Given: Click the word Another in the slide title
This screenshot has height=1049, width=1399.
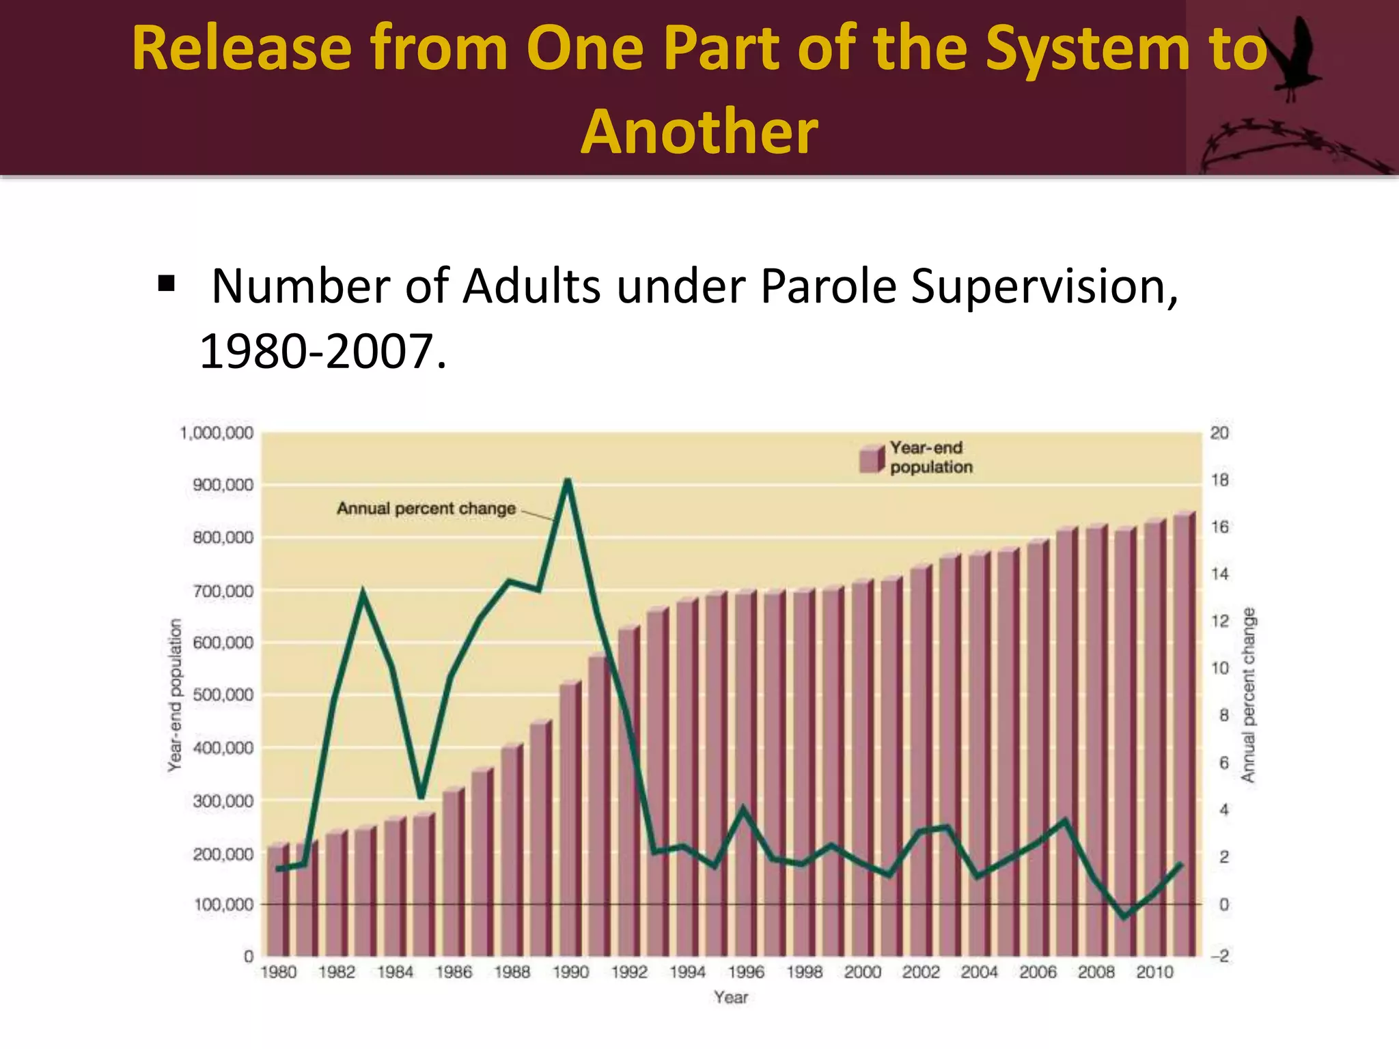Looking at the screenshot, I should pos(699,132).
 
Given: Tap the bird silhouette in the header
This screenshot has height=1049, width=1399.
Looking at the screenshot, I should pos(1291,61).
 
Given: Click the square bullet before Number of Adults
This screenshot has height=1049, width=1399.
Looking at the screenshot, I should pos(166,283).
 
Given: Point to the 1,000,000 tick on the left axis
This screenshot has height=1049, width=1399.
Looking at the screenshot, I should pos(217,433).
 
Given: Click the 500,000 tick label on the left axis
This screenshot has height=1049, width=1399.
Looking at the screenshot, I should pos(223,695).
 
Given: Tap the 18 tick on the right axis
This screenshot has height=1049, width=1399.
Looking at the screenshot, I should pos(1219,480).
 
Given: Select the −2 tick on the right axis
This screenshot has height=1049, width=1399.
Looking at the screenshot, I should pos(1219,956).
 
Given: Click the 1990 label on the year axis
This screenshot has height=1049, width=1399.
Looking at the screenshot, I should pos(570,972).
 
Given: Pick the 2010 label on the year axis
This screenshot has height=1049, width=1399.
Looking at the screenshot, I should pos(1154,972).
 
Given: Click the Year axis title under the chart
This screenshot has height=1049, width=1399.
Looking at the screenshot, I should pos(731,998).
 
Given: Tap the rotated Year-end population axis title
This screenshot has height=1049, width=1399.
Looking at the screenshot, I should pos(176,695).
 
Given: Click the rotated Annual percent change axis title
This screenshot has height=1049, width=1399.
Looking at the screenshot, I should pos(1249,695).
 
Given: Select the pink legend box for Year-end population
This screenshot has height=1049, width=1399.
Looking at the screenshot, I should pos(872,458).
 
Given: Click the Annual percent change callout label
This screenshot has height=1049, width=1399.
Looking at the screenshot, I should pos(426,509).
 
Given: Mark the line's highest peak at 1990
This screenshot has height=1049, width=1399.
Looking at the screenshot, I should pos(567,481).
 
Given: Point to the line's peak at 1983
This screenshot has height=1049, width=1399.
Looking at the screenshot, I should pos(363,592).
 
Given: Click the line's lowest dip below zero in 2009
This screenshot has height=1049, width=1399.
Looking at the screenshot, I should pos(1125,917).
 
